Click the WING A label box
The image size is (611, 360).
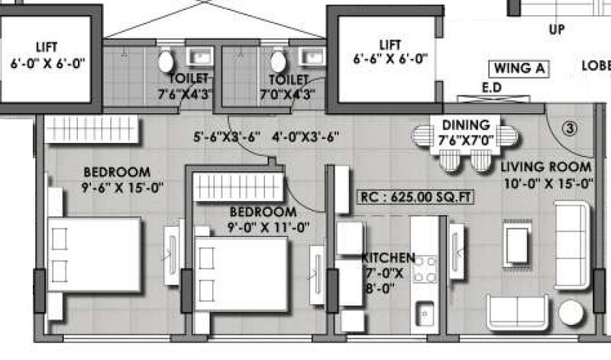click(519, 68)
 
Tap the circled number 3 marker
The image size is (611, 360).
click(569, 128)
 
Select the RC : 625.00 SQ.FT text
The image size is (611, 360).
click(416, 197)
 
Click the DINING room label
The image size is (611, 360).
click(465, 125)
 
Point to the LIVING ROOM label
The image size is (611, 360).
click(546, 167)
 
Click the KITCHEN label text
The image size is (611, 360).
click(389, 258)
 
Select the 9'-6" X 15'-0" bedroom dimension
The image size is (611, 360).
click(118, 186)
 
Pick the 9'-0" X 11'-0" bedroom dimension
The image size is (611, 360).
click(263, 226)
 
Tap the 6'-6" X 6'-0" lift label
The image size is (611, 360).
click(390, 57)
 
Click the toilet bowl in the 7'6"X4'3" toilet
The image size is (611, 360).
click(166, 61)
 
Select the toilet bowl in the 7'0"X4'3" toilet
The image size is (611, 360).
click(278, 61)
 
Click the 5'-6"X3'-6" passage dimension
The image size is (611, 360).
click(226, 138)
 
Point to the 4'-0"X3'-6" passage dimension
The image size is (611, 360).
click(305, 138)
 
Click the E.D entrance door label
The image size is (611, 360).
click(491, 88)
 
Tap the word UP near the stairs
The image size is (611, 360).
click(555, 29)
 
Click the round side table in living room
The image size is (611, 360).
click(571, 312)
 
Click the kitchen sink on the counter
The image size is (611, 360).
click(425, 312)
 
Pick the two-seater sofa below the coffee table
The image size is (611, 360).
click(517, 312)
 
